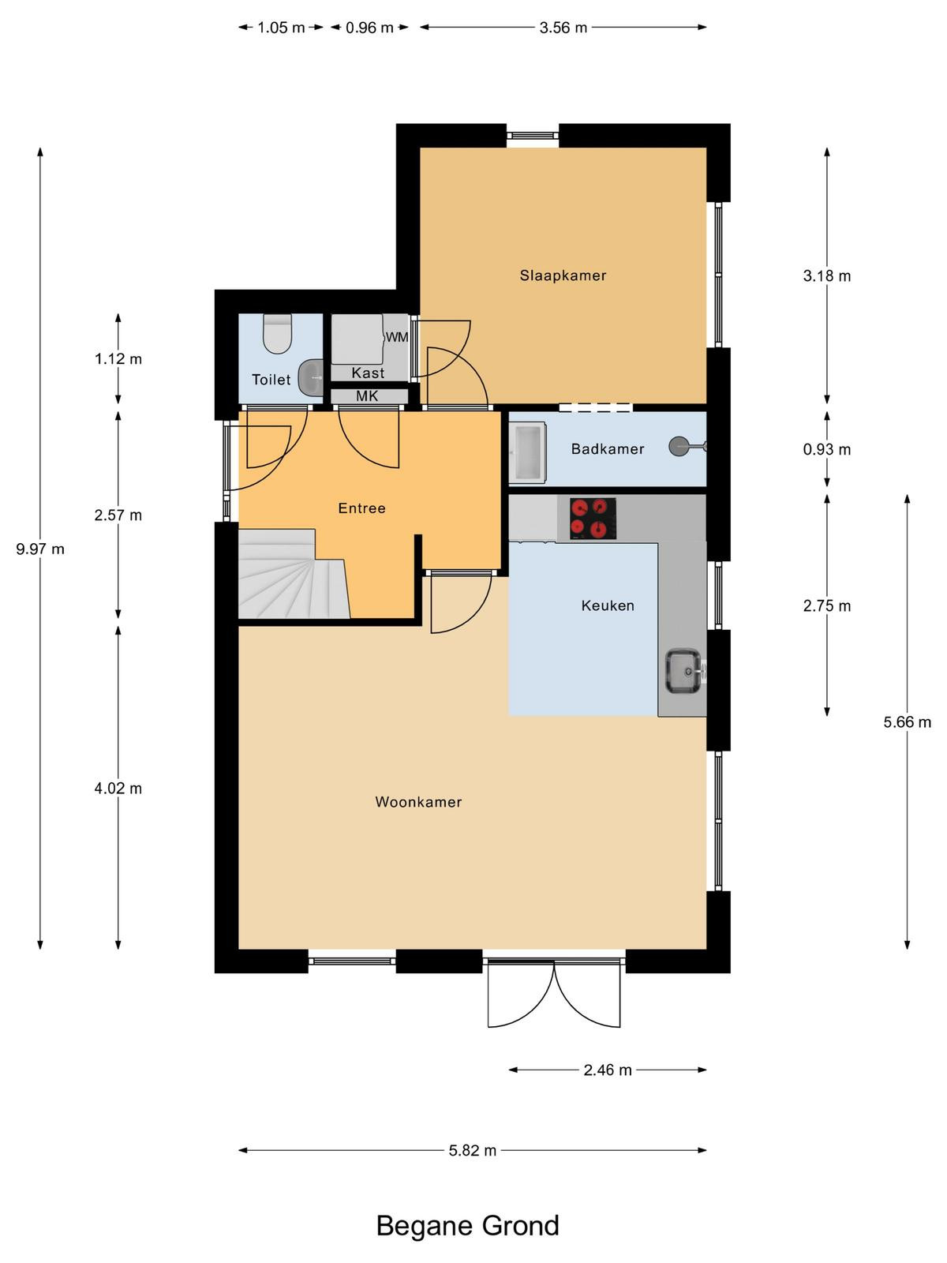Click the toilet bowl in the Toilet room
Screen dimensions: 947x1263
point(277,334)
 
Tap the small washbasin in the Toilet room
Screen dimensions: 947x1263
point(311,377)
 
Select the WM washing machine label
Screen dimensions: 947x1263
point(397,337)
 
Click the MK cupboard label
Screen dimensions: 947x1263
point(368,396)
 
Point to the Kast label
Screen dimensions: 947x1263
point(368,373)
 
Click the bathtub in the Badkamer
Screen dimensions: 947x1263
point(528,452)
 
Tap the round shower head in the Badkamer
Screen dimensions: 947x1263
point(679,447)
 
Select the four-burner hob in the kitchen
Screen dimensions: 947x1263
point(593,519)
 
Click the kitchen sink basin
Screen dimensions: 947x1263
point(683,670)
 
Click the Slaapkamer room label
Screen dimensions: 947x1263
point(563,275)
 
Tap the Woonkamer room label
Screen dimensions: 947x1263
point(418,802)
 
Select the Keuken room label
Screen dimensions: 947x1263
point(608,605)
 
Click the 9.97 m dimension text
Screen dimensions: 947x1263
point(40,549)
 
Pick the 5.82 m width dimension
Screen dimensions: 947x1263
point(473,1150)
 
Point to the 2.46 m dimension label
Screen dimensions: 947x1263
point(608,1070)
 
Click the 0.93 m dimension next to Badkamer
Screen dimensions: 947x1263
point(827,449)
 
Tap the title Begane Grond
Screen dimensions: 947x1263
point(467,1226)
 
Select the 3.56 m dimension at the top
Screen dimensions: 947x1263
point(563,28)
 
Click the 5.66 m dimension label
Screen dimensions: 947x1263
point(908,722)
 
